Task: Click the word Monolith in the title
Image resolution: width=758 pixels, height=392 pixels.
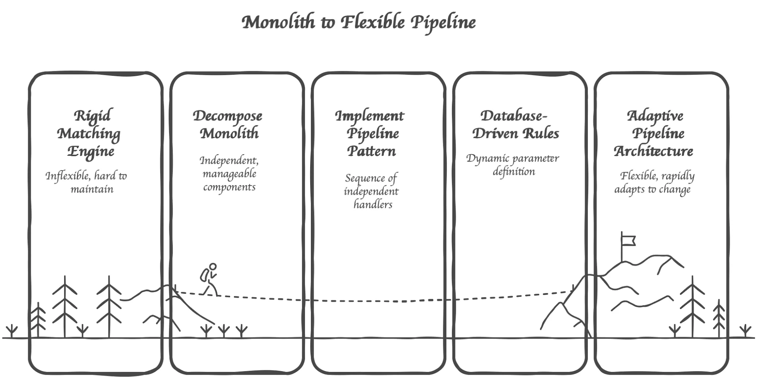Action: (278, 22)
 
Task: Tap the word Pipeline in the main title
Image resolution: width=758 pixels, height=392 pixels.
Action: (443, 22)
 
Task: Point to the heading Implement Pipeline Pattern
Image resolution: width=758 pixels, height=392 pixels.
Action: (370, 133)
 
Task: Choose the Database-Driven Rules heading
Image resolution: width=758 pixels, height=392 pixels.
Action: (515, 124)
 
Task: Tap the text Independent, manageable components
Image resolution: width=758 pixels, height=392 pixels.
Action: (229, 174)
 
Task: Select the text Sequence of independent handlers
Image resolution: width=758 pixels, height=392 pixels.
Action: (372, 191)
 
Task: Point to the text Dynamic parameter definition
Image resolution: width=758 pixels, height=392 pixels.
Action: (513, 165)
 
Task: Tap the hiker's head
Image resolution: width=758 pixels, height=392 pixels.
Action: (213, 267)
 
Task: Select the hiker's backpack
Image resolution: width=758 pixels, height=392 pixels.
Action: (204, 274)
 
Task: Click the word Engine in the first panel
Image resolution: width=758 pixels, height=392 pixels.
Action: (91, 152)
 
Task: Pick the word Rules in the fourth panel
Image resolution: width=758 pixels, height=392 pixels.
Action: (541, 133)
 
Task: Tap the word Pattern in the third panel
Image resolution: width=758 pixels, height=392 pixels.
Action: (372, 151)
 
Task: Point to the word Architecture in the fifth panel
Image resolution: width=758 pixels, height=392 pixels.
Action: (653, 151)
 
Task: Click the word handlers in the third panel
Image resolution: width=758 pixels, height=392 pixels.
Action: (373, 205)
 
